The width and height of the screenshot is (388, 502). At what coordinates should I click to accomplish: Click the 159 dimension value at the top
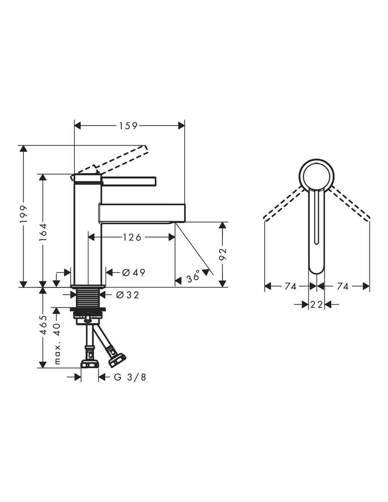click(128, 126)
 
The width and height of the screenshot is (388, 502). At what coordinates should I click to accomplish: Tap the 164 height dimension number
click(43, 232)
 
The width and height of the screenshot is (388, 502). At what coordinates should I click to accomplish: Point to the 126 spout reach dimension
click(132, 237)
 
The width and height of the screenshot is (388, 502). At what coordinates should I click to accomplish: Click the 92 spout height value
click(223, 254)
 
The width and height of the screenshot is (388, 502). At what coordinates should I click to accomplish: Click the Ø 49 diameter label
click(134, 273)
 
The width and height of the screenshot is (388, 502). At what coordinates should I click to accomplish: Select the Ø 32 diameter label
click(128, 295)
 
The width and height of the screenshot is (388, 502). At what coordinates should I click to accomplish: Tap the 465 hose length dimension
click(43, 324)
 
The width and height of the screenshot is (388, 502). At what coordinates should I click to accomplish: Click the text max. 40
click(57, 344)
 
